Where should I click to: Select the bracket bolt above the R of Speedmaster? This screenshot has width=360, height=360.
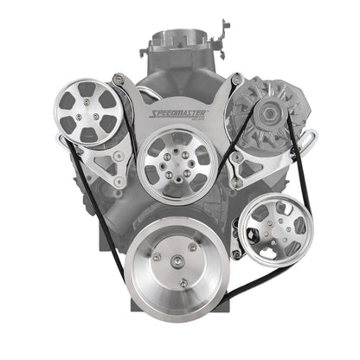235,80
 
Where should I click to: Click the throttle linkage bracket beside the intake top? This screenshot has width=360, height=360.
224,26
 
